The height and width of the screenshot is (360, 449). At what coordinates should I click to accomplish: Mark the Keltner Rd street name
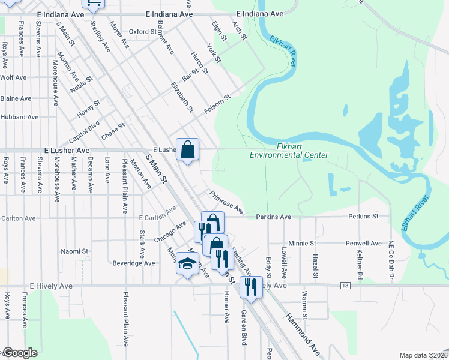360,263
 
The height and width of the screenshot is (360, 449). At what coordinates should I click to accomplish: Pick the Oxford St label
142,31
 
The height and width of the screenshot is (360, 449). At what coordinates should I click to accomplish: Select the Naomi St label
75,251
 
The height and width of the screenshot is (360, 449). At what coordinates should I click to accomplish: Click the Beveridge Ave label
134,263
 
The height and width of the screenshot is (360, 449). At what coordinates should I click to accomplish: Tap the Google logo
20,353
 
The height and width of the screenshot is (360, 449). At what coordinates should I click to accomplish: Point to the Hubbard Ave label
16,117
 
